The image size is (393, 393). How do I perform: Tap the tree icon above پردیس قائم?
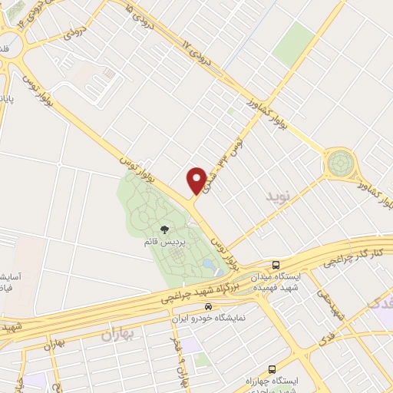[x=163, y=229]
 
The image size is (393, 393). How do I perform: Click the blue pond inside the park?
[x=208, y=266]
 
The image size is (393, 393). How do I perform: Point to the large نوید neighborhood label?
[x=279, y=197]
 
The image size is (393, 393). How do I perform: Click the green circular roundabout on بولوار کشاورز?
[x=340, y=163]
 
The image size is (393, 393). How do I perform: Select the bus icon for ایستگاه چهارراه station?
[x=273, y=369]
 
